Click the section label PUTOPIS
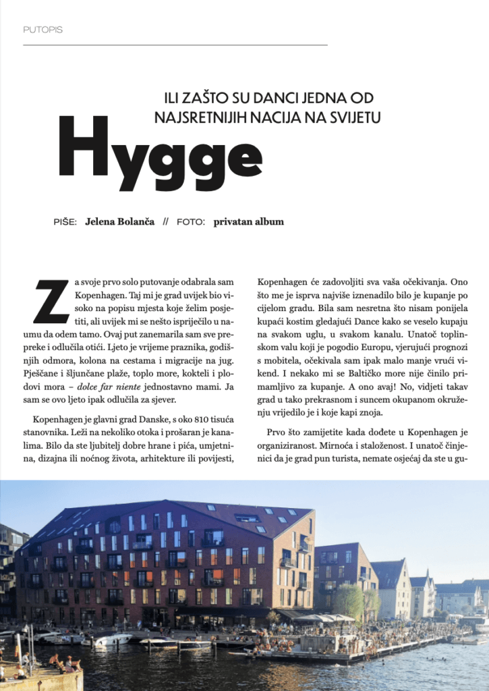tap(42, 30)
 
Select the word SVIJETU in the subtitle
tap(351, 117)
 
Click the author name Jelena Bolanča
tap(120, 221)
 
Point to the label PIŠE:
tap(65, 221)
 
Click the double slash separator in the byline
tap(165, 221)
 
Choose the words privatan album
tap(248, 221)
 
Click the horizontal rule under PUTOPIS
tap(175, 45)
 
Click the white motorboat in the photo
tap(112, 640)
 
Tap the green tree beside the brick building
tap(349, 600)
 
